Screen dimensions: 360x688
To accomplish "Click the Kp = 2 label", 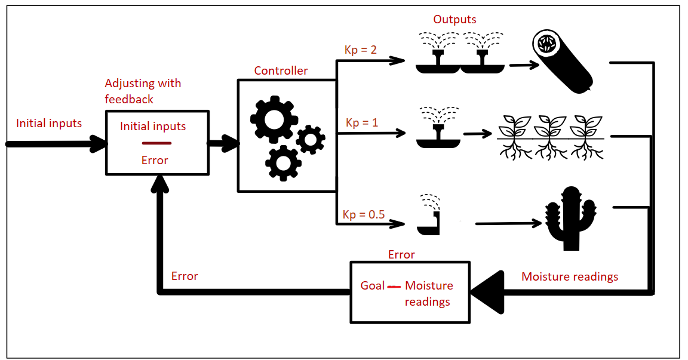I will (x=361, y=50).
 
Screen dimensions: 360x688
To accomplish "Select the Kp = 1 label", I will (x=362, y=122).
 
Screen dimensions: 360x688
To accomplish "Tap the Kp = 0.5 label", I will (x=363, y=214).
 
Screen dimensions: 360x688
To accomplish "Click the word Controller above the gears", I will (x=281, y=70).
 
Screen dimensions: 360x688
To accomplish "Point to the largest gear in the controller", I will (x=273, y=119).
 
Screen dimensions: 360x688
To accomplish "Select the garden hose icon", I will (x=561, y=62).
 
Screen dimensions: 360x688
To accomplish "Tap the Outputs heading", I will (x=454, y=19).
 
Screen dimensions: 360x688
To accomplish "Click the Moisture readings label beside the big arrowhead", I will (x=569, y=276).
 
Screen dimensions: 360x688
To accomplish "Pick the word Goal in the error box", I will (x=373, y=286).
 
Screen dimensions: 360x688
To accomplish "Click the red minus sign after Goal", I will (x=394, y=287).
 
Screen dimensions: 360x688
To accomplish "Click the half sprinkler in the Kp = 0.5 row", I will (x=429, y=216).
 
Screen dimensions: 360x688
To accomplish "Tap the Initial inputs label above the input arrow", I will (x=49, y=124).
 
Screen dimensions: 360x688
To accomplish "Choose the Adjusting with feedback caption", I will (x=142, y=91).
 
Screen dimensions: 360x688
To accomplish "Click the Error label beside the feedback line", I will (x=185, y=276).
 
